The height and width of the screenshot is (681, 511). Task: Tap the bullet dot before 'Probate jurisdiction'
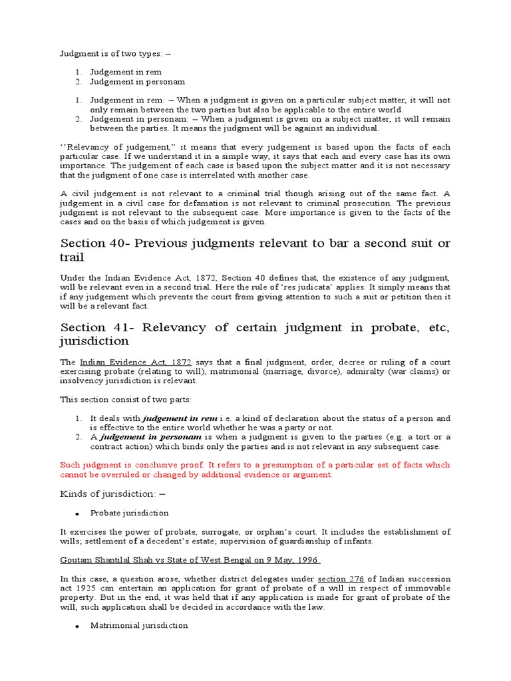tap(78, 513)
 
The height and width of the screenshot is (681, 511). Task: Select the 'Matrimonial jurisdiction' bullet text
tap(139, 626)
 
